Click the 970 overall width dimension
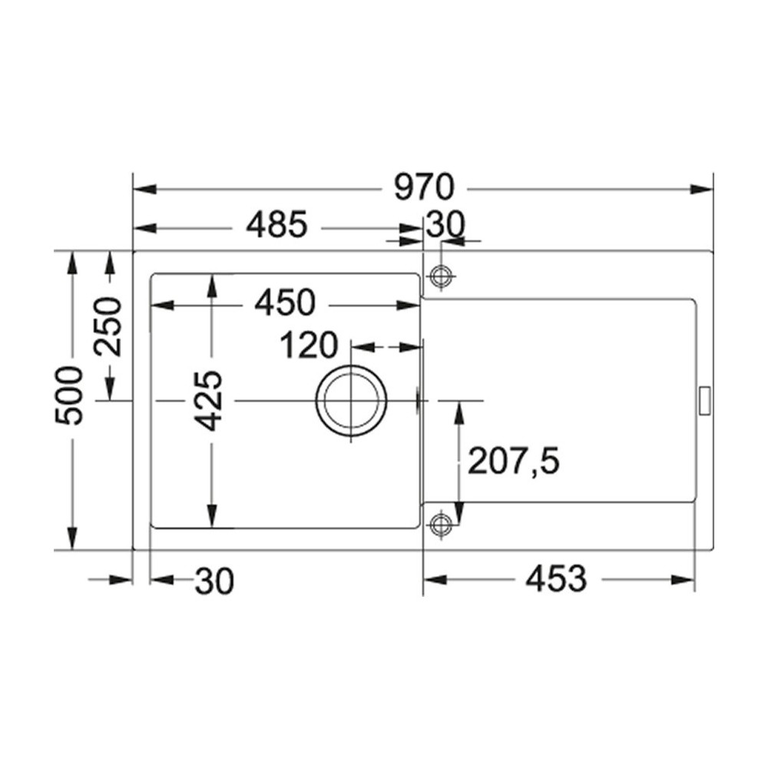[425, 188]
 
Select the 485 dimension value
[277, 227]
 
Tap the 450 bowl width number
[285, 303]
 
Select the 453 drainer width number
[555, 579]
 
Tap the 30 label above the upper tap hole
[445, 225]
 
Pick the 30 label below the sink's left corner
[214, 581]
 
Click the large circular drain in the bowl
[351, 401]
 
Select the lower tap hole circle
[441, 525]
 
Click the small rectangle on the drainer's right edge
[703, 401]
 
